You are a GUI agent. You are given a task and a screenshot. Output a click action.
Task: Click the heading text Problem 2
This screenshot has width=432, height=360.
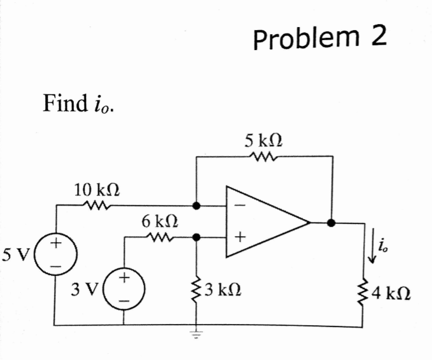click(321, 39)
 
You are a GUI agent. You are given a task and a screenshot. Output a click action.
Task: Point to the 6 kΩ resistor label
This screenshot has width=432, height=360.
click(159, 222)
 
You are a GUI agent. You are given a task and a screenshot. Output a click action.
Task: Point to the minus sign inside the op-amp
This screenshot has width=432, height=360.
click(239, 207)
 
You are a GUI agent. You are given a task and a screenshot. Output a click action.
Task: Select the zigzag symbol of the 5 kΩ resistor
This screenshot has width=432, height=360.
click(259, 157)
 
